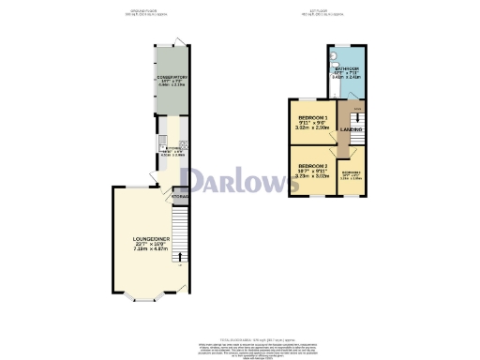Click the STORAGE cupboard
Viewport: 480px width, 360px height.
pos(180,196)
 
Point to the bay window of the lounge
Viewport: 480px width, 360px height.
pos(141,301)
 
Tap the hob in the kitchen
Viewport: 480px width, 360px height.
pos(185,144)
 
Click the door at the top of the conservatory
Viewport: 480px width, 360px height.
pos(178,39)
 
